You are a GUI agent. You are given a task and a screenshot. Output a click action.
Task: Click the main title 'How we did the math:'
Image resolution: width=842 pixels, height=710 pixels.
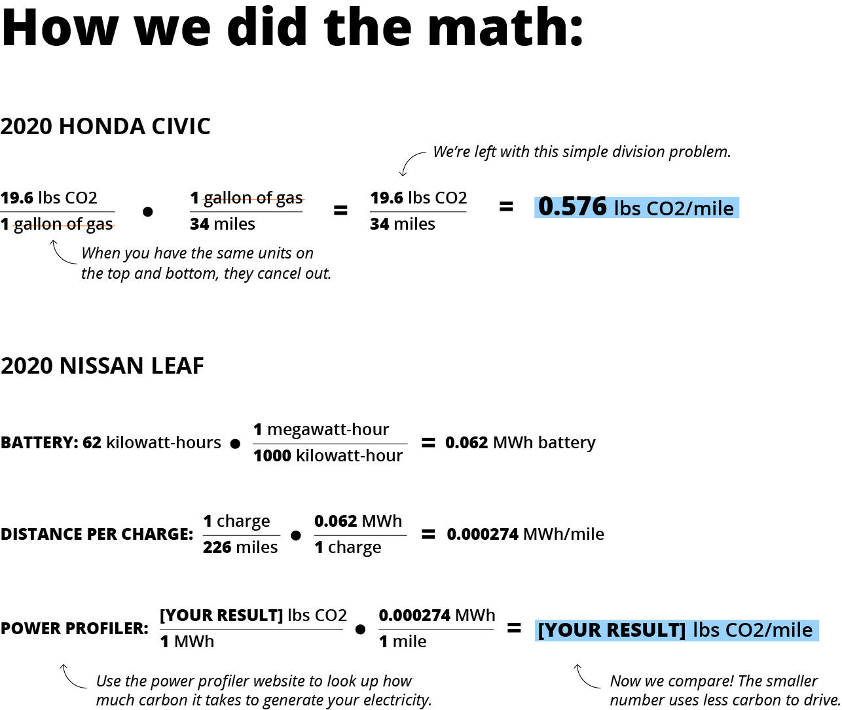tap(292, 27)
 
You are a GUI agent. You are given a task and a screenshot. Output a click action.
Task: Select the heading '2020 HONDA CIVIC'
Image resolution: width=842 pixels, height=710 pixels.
tap(105, 126)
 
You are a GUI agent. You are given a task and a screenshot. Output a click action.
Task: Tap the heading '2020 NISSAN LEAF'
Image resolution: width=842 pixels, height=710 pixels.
tap(102, 366)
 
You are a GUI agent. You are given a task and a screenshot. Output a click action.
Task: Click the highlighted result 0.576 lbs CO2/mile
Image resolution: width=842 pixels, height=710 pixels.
tap(636, 207)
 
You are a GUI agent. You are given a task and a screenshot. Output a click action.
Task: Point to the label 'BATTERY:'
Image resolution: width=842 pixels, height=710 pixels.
tap(39, 443)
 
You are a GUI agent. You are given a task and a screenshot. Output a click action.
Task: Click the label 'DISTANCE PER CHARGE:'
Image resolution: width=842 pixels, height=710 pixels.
tap(97, 535)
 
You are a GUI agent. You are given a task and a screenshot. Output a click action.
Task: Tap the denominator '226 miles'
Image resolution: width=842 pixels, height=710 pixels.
tap(240, 547)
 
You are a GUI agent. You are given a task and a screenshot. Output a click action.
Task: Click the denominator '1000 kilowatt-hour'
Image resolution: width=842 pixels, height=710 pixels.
tap(328, 455)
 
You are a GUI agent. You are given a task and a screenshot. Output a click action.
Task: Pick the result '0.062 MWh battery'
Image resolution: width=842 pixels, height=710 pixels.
tap(521, 443)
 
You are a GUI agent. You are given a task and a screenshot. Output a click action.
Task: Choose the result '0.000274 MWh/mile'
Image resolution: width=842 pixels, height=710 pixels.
tap(526, 535)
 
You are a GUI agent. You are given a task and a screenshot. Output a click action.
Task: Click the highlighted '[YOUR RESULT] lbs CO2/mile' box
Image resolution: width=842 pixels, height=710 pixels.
tap(676, 630)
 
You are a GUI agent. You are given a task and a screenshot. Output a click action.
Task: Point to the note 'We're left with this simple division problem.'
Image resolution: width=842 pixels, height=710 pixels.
tap(581, 152)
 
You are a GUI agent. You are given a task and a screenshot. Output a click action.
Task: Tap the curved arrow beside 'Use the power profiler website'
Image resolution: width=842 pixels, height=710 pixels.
tap(72, 677)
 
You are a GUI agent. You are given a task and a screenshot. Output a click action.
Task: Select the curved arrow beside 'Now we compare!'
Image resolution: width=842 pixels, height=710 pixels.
tap(586, 677)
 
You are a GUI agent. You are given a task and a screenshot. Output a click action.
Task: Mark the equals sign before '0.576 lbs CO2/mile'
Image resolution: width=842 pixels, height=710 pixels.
tap(506, 207)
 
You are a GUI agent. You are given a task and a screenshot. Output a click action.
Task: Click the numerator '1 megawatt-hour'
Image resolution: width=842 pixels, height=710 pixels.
tap(321, 430)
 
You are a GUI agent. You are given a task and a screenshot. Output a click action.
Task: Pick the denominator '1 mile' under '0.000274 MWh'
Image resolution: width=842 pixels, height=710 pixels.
tap(403, 642)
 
